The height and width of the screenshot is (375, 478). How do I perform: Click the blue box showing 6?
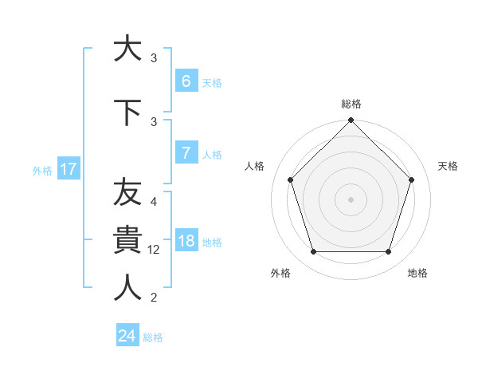pos(186,81)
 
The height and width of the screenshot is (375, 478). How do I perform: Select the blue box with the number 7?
pos(186,153)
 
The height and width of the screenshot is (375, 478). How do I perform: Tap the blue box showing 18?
pos(186,241)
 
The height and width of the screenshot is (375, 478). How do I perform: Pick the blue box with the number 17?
pos(68,169)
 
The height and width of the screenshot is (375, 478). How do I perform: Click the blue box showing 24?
pos(127,336)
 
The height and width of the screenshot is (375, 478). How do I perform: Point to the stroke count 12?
pos(155,250)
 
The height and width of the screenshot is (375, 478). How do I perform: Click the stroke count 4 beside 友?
pos(154,202)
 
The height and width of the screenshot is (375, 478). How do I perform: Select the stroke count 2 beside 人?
pos(154,298)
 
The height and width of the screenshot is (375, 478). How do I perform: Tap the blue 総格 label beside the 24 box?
pos(153,337)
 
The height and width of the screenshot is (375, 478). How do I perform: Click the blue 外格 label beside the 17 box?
pos(41,170)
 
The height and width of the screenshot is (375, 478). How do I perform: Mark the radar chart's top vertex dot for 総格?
pos(351,121)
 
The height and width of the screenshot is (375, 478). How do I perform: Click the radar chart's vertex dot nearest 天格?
pos(411,180)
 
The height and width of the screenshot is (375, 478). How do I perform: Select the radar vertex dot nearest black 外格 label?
pos(313,252)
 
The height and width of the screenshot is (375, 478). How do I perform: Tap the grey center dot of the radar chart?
pos(351,199)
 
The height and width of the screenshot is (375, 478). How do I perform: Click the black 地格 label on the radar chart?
pos(417,274)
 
